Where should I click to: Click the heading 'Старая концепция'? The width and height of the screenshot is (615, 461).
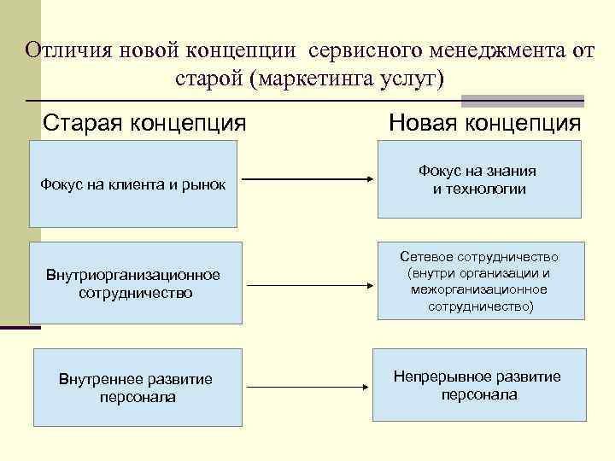pyautogui.click(x=144, y=123)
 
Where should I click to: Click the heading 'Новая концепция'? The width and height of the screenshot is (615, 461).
pyautogui.click(x=484, y=123)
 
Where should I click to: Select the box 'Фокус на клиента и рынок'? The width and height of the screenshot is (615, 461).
pyautogui.click(x=133, y=184)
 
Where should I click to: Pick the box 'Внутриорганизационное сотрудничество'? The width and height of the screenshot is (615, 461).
pyautogui.click(x=133, y=283)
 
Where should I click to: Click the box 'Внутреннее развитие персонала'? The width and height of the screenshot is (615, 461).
pyautogui.click(x=136, y=388)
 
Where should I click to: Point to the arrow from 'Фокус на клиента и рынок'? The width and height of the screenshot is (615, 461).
pyautogui.click(x=305, y=179)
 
